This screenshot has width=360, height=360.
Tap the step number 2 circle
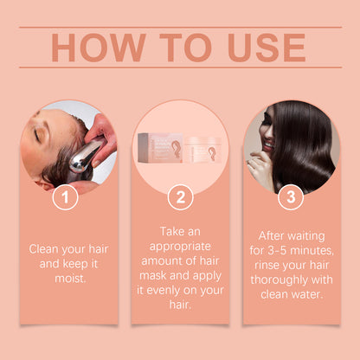click(179, 196)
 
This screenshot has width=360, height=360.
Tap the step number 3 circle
click(290, 196)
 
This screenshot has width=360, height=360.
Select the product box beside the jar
click(163, 146)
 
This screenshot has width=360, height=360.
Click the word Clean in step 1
click(46, 248)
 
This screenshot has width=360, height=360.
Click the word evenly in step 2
click(183, 280)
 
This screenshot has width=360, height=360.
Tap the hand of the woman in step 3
click(259, 164)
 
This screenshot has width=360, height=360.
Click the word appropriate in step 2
click(179, 248)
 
